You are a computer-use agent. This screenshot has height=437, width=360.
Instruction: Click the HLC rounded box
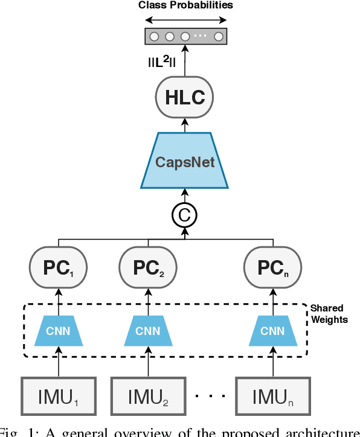pyautogui.click(x=185, y=97)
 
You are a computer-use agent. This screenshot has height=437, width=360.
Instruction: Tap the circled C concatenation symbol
pyautogui.click(x=185, y=213)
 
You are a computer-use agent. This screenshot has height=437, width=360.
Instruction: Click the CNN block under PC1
pyautogui.click(x=59, y=330)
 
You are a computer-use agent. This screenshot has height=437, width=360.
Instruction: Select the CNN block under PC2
pyautogui.click(x=147, y=330)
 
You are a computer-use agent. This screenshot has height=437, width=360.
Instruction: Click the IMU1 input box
pyautogui.click(x=59, y=397)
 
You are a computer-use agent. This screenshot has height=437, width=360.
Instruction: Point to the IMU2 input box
pyautogui.click(x=147, y=397)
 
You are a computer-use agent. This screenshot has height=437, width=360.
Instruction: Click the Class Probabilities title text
pyautogui.click(x=185, y=5)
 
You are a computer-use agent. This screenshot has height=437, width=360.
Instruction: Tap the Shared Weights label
pyautogui.click(x=329, y=314)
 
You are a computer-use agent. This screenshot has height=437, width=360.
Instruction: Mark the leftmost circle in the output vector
pyautogui.click(x=155, y=36)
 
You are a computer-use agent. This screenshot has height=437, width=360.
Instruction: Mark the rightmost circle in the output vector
pyautogui.click(x=218, y=36)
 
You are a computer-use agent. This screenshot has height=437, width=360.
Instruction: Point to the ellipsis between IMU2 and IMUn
pyautogui.click(x=210, y=397)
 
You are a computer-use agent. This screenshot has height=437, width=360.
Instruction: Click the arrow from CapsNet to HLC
pyautogui.click(x=185, y=124)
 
